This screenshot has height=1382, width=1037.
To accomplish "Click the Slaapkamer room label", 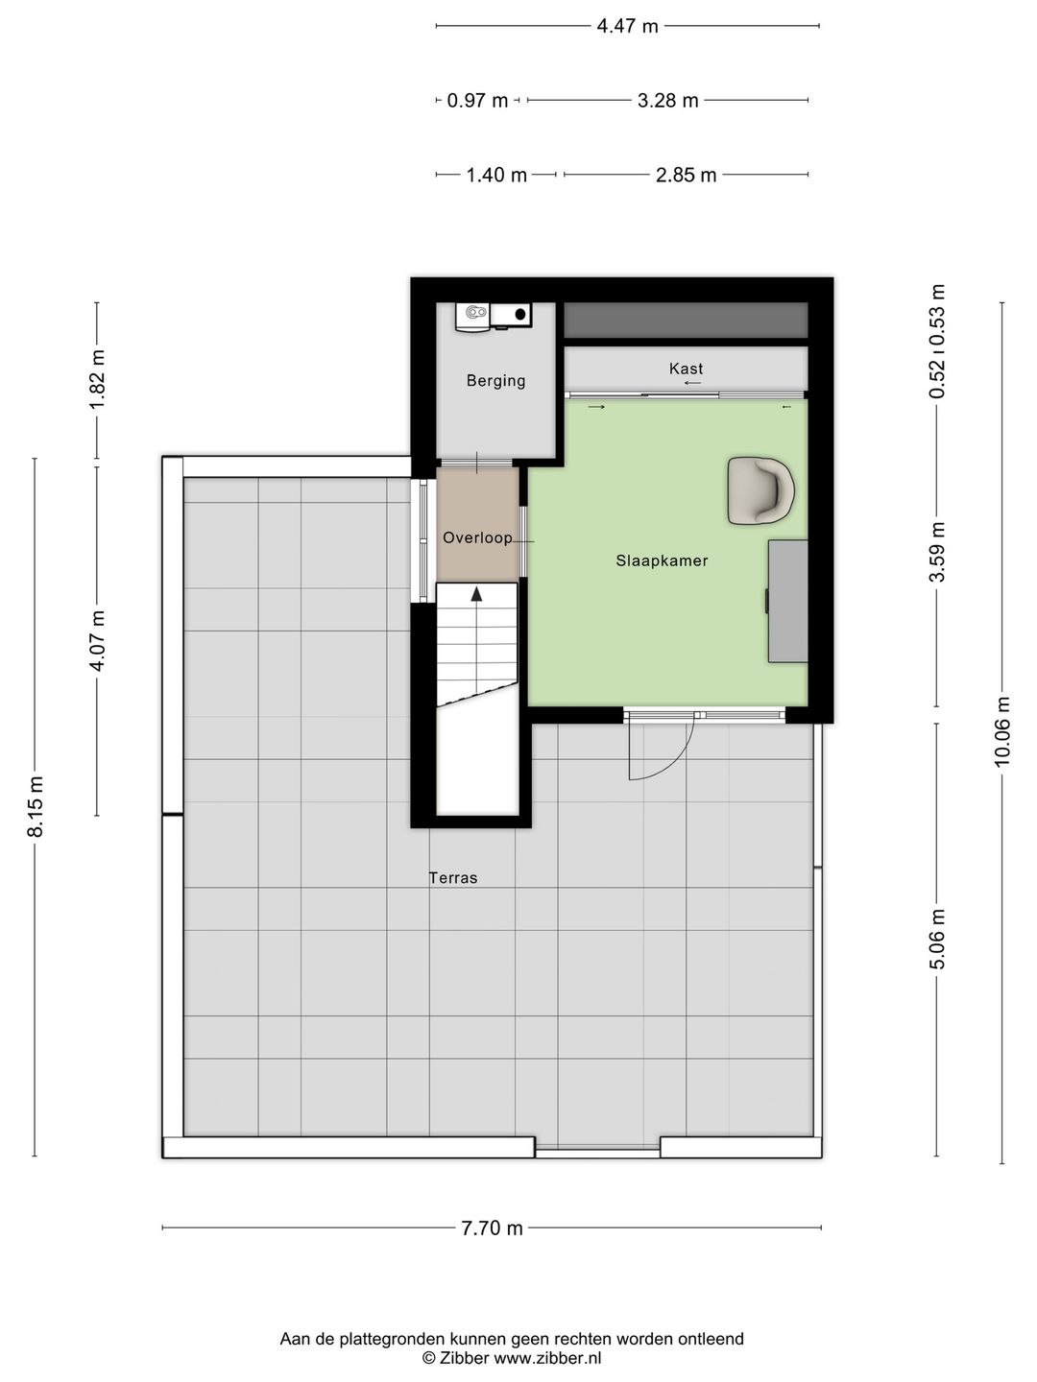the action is click(x=662, y=560).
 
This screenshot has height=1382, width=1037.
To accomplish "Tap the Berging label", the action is click(x=495, y=381).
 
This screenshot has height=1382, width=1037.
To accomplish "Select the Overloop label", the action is click(x=477, y=537).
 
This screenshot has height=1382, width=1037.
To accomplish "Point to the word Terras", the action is click(x=452, y=878).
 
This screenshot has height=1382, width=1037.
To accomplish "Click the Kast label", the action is click(x=686, y=369).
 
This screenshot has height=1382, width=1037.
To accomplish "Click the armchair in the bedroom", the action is click(x=760, y=490).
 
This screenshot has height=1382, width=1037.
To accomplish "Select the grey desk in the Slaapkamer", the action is click(x=787, y=601).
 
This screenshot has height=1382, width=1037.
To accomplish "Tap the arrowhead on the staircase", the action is click(x=476, y=593).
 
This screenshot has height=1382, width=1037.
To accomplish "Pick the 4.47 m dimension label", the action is click(x=627, y=27).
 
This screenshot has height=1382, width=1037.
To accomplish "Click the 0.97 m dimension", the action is click(x=477, y=101).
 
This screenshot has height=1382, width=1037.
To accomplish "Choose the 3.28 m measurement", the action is click(x=668, y=101).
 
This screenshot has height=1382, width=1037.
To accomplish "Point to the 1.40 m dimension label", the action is click(x=496, y=175).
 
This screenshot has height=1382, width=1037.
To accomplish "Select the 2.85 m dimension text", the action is click(x=686, y=175).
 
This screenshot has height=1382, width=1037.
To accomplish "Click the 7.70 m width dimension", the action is click(x=492, y=1227).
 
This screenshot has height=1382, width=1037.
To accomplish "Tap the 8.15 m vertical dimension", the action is click(x=36, y=806).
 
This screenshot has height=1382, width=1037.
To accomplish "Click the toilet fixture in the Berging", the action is click(x=473, y=317).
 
